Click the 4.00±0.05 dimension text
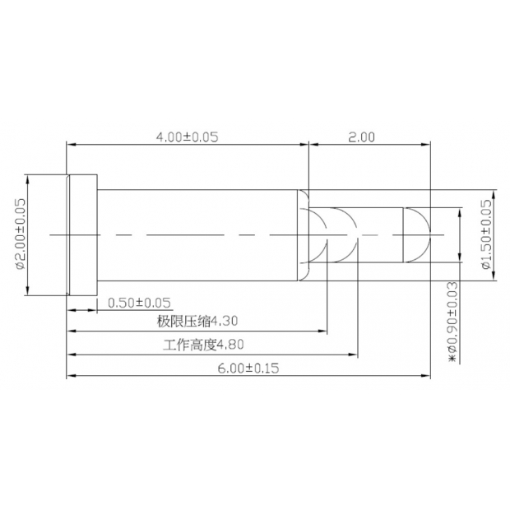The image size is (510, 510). click(x=187, y=137)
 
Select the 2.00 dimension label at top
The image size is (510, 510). click(x=361, y=137)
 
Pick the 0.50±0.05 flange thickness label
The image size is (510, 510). click(x=140, y=303)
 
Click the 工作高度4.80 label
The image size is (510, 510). click(x=203, y=345)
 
